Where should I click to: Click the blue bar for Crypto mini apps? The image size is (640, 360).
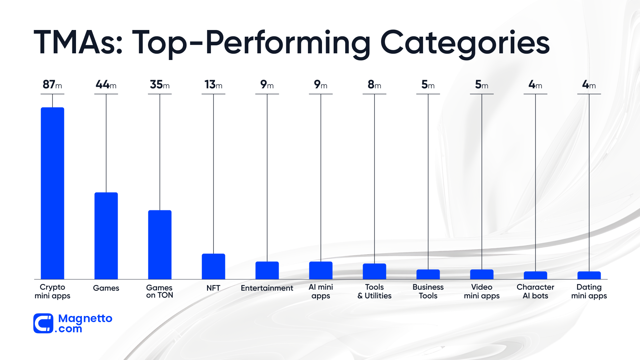[52, 193]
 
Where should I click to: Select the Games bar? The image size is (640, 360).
[106, 236]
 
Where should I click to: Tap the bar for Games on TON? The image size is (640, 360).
[160, 244]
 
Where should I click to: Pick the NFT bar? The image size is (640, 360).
[213, 266]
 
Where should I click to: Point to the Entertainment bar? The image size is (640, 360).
[267, 270]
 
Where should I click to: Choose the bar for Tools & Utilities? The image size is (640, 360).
[374, 271]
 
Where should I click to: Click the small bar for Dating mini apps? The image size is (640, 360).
[589, 275]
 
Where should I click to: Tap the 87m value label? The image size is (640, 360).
[52, 85]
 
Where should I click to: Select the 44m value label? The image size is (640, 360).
[106, 85]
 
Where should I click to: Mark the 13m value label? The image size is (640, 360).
[213, 85]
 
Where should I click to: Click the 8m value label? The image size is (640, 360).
[374, 85]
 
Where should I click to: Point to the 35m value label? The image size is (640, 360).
[160, 85]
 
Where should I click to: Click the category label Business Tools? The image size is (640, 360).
[428, 291]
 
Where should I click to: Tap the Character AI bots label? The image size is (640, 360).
[535, 291]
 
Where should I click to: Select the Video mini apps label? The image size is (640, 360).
[482, 291]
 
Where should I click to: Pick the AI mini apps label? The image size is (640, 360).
[321, 291]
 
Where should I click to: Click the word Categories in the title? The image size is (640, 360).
[465, 43]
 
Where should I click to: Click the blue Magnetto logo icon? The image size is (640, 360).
[43, 323]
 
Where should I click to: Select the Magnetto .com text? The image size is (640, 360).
[85, 323]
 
